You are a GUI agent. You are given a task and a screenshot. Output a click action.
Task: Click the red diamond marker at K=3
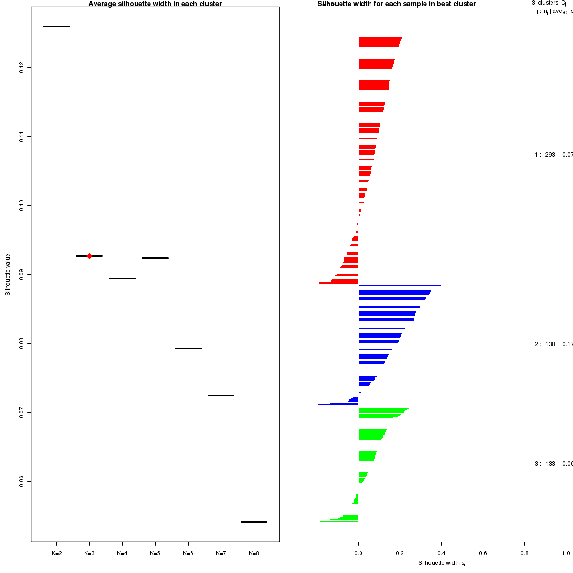[x=89, y=256]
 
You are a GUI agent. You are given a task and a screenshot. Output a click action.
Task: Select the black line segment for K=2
[x=56, y=26]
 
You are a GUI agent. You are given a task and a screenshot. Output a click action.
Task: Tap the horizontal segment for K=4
[x=122, y=278]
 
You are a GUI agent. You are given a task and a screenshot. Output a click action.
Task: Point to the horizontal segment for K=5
[x=155, y=258]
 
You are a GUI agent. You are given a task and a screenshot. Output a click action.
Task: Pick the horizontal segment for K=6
[x=188, y=348]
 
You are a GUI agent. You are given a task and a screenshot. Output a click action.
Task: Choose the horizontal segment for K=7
[x=221, y=395]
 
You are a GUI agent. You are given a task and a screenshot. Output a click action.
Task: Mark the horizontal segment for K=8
[x=254, y=522]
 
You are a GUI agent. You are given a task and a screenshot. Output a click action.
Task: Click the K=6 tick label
[x=188, y=553]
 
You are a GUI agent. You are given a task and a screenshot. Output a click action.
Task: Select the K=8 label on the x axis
[x=254, y=553]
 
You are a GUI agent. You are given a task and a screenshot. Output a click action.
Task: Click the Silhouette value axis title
[x=8, y=274]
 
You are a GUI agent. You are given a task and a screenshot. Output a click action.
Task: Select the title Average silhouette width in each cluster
[x=155, y=4]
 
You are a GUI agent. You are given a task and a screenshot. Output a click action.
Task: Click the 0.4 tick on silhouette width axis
[x=441, y=553]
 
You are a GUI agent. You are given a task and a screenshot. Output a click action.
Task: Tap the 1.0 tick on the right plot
[x=565, y=553]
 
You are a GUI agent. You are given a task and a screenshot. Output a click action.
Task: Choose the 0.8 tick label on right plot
[x=524, y=553]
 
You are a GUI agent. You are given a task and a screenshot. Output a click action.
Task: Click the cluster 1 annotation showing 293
[x=553, y=155]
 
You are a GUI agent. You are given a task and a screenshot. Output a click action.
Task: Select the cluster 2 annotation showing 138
[x=553, y=344]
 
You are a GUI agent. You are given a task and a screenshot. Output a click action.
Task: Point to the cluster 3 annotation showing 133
[x=553, y=464]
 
